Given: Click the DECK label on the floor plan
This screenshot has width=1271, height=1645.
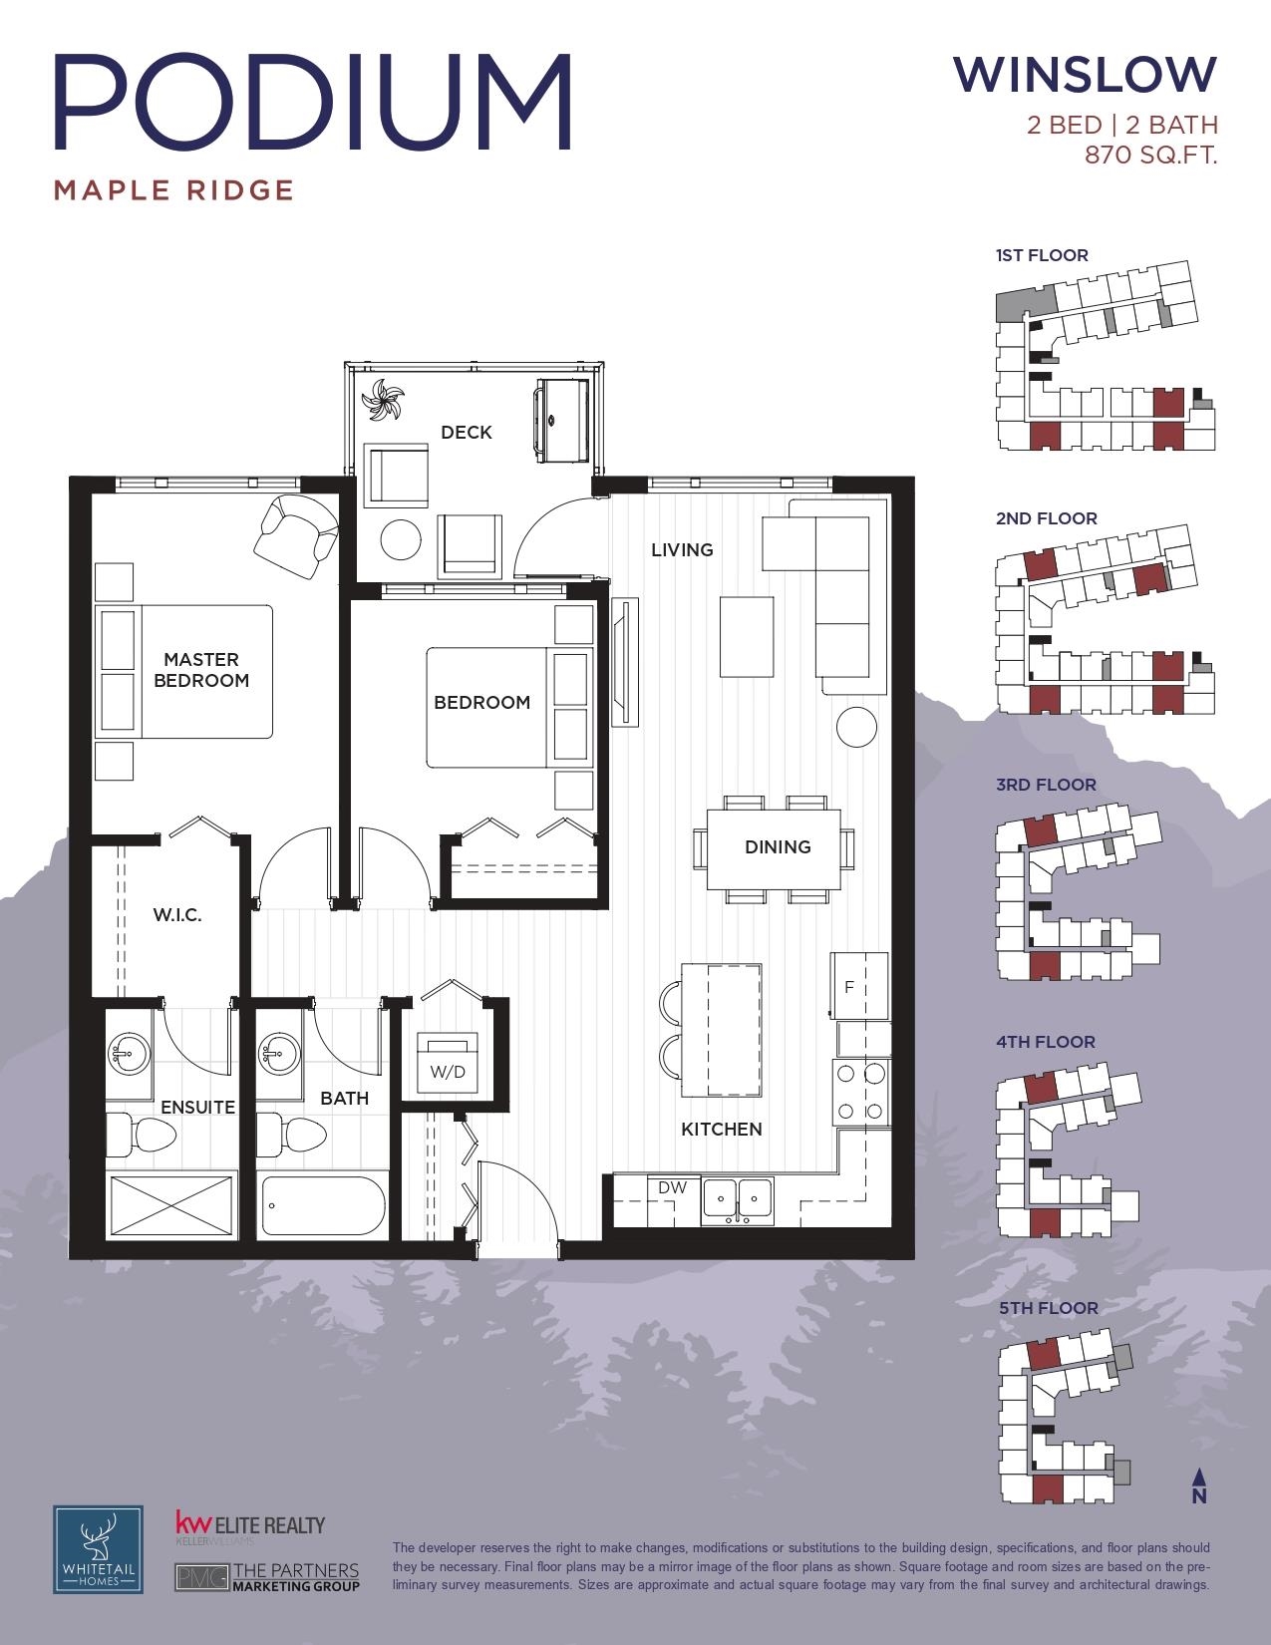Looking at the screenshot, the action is click(467, 433).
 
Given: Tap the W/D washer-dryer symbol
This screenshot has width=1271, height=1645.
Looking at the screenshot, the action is click(448, 1062).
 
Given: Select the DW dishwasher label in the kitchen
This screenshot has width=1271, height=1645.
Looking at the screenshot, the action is click(672, 1187).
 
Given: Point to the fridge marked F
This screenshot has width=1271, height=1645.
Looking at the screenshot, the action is click(859, 986).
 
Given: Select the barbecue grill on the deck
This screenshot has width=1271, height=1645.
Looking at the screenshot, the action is click(561, 420).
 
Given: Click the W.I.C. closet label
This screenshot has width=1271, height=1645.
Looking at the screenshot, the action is click(177, 915).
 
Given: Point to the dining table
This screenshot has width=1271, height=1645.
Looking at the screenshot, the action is click(774, 849).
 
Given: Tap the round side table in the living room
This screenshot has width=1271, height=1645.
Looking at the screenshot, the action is click(857, 727).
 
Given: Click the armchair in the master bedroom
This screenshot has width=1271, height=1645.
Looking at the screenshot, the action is click(296, 535).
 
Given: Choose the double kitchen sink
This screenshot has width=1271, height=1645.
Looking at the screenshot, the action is click(738, 1200).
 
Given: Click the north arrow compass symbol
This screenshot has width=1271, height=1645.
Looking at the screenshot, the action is click(1199, 1485).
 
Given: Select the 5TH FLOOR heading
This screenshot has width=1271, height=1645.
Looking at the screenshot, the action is click(1049, 1308).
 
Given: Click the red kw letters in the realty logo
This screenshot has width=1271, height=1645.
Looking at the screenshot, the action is click(192, 1524).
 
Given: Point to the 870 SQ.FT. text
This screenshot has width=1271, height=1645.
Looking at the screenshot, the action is click(1150, 156).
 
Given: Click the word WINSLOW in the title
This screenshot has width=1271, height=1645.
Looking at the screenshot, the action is click(1085, 75).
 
